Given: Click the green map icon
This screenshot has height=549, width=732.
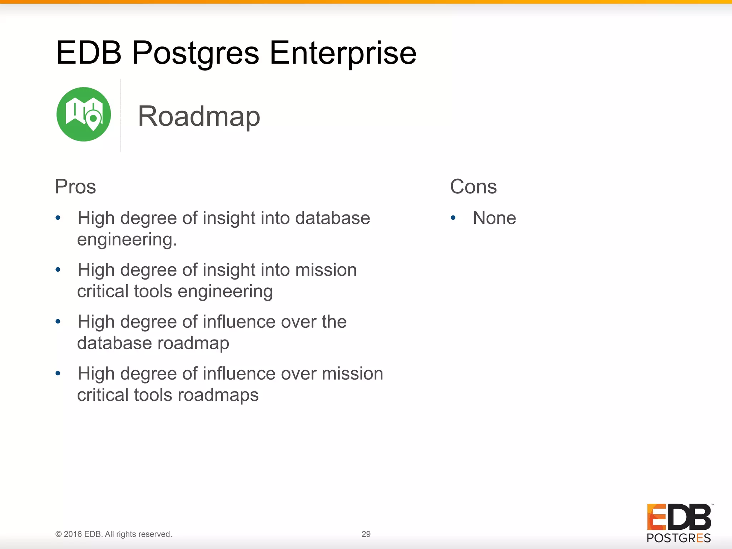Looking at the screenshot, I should pos(84,114).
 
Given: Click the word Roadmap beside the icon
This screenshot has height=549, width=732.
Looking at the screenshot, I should pos(199,116).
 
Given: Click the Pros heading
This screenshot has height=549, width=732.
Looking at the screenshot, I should pos(75,187).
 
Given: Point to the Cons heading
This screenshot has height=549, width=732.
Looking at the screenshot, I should pos(473,187).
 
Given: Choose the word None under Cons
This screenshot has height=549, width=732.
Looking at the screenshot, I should pos(494,218).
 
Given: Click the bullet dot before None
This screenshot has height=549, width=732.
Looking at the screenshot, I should pos(453,218).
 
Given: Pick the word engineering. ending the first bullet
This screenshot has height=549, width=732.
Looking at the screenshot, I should pos(127,239).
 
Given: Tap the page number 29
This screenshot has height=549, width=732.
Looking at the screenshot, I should pos(366,534).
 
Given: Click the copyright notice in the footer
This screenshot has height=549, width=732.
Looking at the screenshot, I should pos(114,534).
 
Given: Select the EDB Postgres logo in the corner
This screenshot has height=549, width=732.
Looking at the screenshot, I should pos(679,523).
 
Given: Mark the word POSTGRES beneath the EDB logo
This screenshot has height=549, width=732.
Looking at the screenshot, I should pos(679,538).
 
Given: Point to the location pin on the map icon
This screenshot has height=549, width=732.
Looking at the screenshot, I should pos(94,119).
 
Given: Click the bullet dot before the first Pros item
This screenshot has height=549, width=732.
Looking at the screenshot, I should pos(58,218).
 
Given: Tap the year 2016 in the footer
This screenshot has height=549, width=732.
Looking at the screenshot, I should pos(73,534).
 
